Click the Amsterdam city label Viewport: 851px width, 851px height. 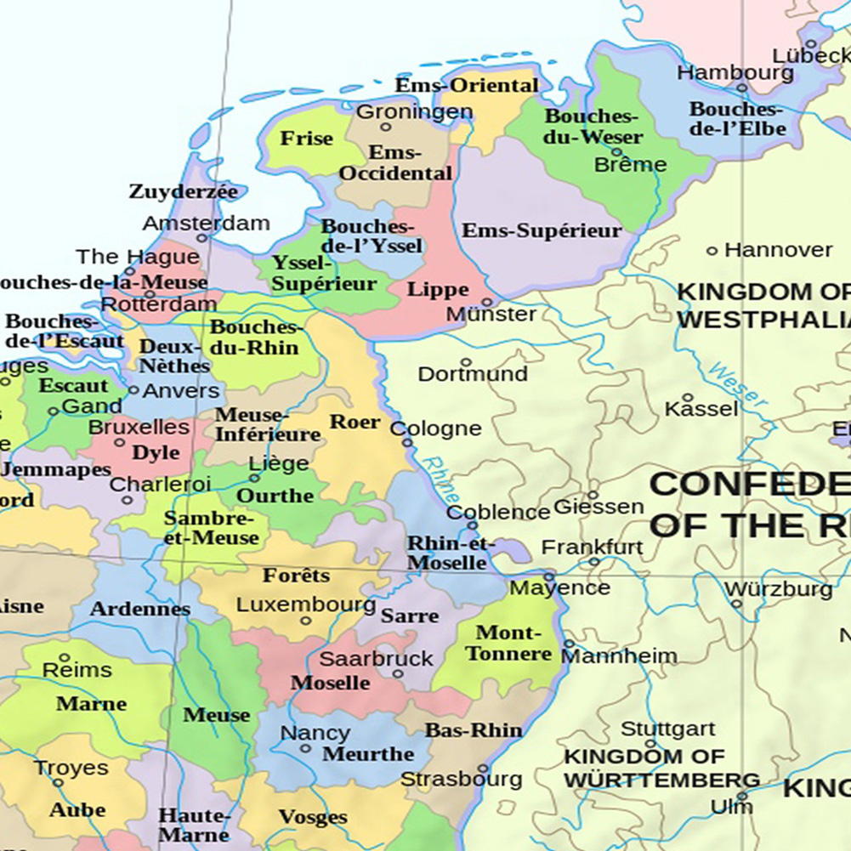[206, 224]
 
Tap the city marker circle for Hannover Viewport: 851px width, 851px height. [712, 251]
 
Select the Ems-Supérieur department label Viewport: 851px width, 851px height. [542, 230]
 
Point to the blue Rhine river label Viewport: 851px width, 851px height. [440, 480]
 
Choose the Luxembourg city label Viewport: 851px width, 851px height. [305, 605]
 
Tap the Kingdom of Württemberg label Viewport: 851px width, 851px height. [661, 769]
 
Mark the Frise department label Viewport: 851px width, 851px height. [307, 139]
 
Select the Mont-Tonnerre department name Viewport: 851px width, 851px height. [508, 644]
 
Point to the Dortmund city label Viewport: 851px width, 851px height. [473, 374]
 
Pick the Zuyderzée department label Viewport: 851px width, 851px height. [183, 192]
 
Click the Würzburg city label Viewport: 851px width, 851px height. [778, 589]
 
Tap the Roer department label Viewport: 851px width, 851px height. [355, 422]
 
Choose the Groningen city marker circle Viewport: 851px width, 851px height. [385, 128]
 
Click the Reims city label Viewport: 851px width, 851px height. [77, 670]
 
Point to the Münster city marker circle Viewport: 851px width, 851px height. [487, 301]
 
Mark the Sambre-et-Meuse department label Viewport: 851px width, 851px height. [211, 528]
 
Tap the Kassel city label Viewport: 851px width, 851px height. [701, 409]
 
